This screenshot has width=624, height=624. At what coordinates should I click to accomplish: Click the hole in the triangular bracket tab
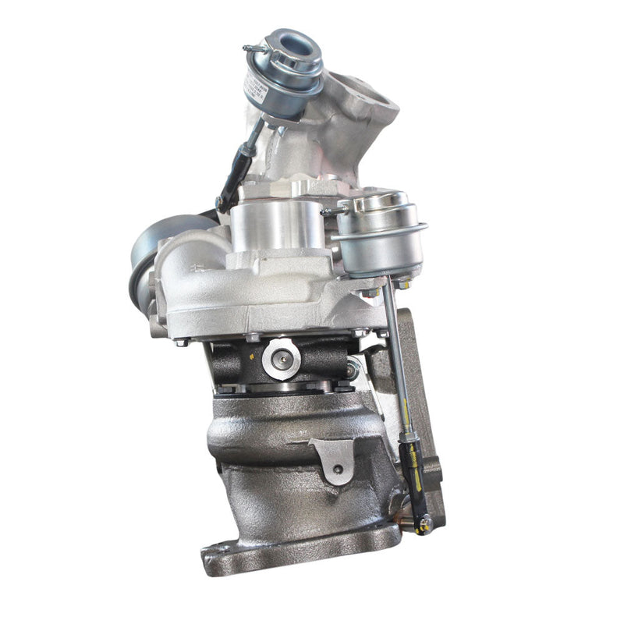[x=337, y=469]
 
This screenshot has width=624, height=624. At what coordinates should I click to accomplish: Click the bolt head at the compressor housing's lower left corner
[x=180, y=342]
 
